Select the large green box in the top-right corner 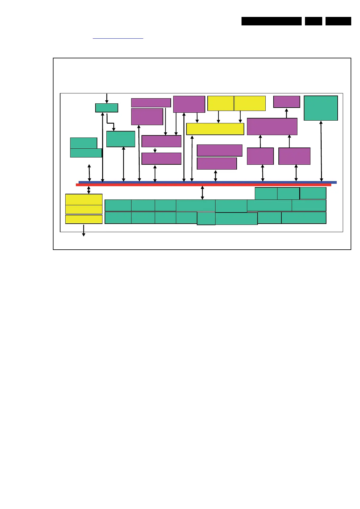point(320,108)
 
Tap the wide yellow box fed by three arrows point(215,129)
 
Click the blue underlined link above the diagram point(118,38)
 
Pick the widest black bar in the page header point(271,21)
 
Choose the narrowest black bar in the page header point(313,21)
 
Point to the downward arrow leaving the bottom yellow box point(84,230)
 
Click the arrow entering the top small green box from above point(106,98)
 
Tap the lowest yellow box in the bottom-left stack point(84,219)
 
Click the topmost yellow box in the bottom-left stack point(84,199)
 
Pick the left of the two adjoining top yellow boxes point(220,103)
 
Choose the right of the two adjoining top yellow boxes point(250,103)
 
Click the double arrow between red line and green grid point(203,193)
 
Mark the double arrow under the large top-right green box point(321,151)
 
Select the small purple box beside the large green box point(286,102)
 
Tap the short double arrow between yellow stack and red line point(89,190)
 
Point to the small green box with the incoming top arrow point(106,108)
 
